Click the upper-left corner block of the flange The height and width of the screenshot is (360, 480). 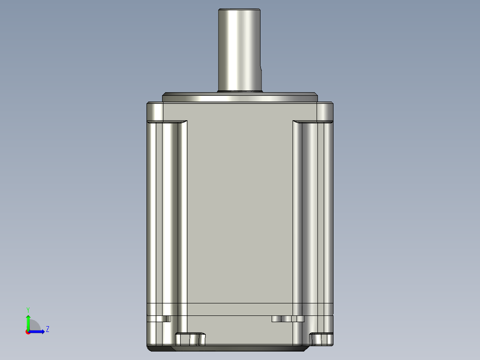(155, 112)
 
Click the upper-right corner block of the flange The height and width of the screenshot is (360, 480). (325, 112)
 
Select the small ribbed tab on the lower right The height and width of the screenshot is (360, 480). (288, 319)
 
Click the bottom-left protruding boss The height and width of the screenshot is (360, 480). (190, 339)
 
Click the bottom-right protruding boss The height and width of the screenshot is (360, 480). (321, 339)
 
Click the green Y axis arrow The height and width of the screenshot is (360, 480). (28, 321)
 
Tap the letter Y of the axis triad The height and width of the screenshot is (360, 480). (28, 309)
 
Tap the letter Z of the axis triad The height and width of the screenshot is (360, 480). (47, 329)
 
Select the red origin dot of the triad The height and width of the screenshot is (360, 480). (28, 332)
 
